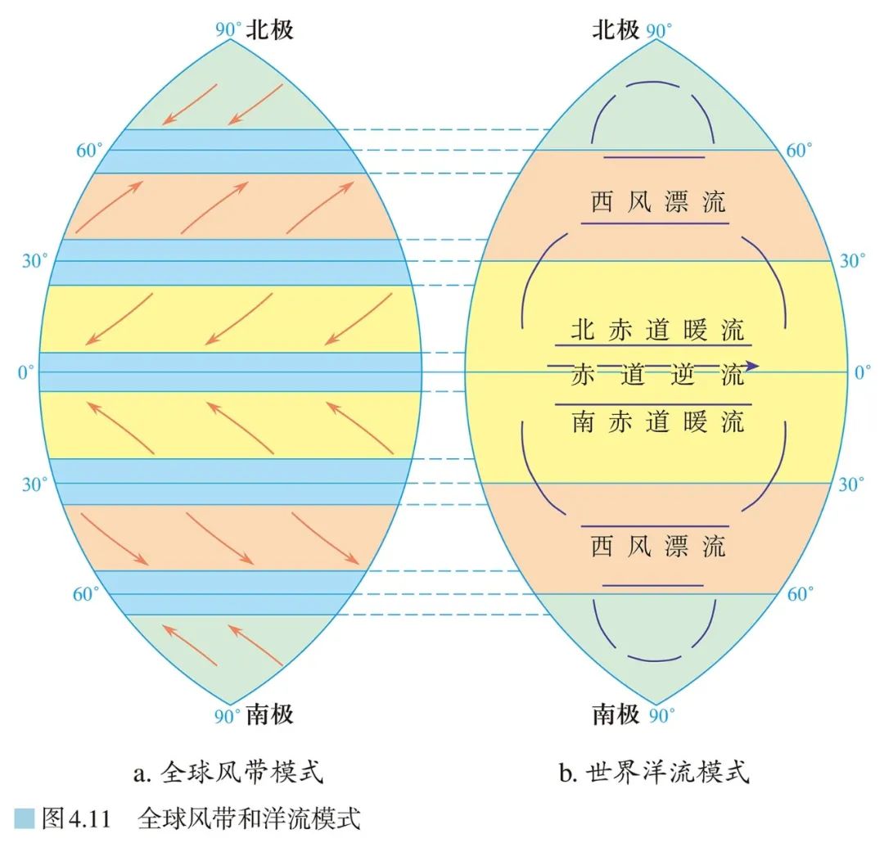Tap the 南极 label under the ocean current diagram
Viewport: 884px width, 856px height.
(x=615, y=715)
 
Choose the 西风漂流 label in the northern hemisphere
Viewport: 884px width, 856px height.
(x=658, y=203)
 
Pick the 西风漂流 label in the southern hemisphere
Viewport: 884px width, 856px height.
(x=658, y=547)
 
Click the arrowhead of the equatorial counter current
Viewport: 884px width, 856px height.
(x=753, y=366)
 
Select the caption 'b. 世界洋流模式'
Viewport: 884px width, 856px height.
(x=654, y=772)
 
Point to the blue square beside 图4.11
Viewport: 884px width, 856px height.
(x=25, y=818)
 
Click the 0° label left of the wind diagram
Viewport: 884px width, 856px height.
(x=27, y=373)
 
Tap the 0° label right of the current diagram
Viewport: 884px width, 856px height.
(x=863, y=373)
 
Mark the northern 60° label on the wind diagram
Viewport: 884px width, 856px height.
(x=88, y=151)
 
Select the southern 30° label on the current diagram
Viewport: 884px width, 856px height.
(x=852, y=484)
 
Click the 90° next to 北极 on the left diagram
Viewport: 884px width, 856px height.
(x=228, y=31)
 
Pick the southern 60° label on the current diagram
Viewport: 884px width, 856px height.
(x=800, y=595)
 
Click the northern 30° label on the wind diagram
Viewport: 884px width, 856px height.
(x=34, y=261)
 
